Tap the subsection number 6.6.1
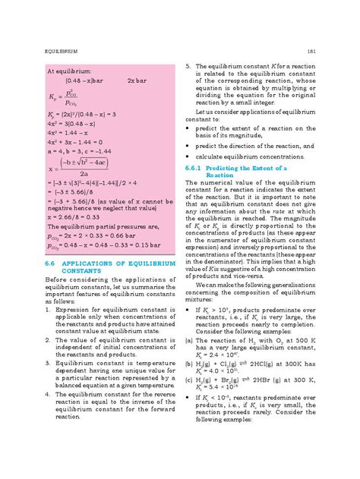coord(197,166)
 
